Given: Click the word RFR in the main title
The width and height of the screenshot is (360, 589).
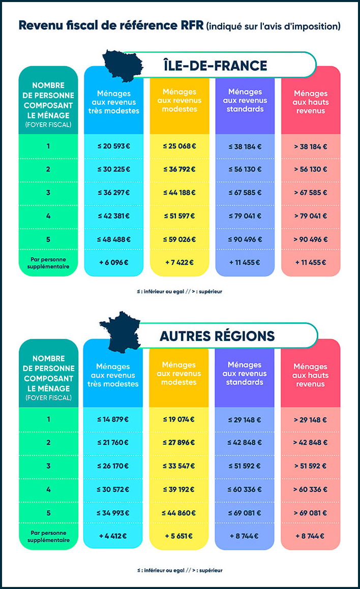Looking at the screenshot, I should click(x=191, y=25).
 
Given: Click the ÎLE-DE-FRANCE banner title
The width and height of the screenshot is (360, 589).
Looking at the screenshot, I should click(x=215, y=65).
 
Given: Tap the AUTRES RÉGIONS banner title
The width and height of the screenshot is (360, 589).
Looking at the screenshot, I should click(x=217, y=336).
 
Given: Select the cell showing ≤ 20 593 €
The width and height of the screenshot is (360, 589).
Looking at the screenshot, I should click(x=113, y=146).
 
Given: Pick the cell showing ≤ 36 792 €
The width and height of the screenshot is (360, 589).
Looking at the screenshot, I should click(x=179, y=169).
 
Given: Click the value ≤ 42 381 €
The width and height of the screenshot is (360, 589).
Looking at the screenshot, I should click(x=113, y=215).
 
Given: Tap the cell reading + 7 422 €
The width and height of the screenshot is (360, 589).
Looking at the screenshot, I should click(x=179, y=262).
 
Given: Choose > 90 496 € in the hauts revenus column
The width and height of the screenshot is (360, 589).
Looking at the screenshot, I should click(x=310, y=239).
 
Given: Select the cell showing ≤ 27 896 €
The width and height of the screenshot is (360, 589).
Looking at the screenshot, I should click(x=179, y=442).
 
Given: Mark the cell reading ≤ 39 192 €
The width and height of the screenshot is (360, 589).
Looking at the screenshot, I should click(x=179, y=489).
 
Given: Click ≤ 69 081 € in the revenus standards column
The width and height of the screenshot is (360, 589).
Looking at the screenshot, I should click(x=245, y=512).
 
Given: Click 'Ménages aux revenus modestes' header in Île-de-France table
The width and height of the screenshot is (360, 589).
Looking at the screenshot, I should click(x=179, y=101).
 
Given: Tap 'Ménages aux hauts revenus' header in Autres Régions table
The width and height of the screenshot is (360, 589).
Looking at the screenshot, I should click(x=310, y=375).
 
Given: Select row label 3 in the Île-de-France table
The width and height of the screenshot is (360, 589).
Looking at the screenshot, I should click(x=48, y=193).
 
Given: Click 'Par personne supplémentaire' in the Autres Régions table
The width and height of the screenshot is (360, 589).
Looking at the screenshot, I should click(x=49, y=536).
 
